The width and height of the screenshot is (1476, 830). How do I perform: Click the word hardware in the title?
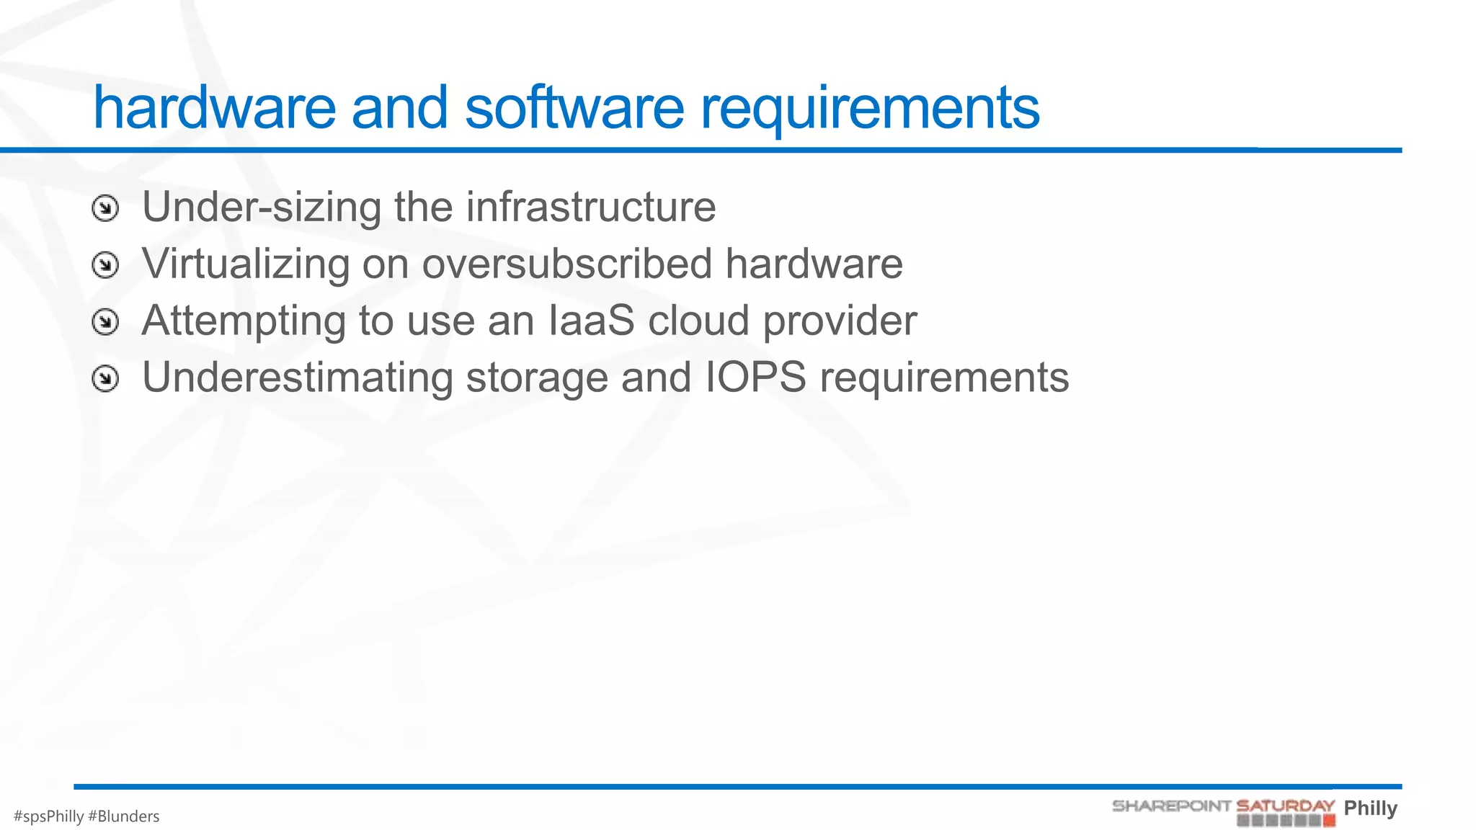214,108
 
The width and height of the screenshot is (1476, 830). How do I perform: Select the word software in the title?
574,108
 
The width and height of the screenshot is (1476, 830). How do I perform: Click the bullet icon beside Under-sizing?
105,209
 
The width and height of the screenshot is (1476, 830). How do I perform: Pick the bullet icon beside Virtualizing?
105,265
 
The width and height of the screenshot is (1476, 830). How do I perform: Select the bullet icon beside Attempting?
105,322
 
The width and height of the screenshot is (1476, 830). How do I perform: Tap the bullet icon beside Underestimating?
105,378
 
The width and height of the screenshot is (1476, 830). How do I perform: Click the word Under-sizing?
262,208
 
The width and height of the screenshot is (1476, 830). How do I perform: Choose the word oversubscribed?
566,264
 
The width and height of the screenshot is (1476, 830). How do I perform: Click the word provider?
840,321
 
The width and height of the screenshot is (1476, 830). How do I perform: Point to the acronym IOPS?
755,377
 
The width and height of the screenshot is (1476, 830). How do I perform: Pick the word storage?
537,378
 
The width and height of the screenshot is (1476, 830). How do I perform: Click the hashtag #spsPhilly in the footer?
48,816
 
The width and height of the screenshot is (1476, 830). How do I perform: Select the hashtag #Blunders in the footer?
123,816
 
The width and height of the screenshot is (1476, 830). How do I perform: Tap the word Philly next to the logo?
1370,808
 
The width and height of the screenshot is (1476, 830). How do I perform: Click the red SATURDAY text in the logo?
1285,806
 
